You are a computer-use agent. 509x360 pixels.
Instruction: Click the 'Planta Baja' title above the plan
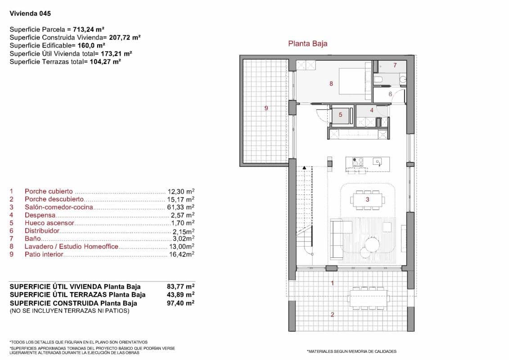[307, 44]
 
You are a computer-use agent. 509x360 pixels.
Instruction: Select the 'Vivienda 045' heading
[27, 13]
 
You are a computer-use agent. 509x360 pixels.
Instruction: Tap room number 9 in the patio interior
[266, 108]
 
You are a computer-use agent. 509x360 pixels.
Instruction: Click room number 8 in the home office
[331, 83]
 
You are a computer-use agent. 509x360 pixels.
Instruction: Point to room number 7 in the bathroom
[395, 65]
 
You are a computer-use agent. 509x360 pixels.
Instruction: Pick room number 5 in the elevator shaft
[340, 115]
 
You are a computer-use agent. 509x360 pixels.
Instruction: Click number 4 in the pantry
[372, 110]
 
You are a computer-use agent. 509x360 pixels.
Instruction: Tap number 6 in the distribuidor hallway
[390, 94]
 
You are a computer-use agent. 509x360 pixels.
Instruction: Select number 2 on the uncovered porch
[332, 315]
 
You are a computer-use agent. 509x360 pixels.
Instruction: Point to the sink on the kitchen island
[377, 162]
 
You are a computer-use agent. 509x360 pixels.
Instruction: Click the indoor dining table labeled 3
[368, 199]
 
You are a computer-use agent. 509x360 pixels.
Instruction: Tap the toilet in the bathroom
[378, 80]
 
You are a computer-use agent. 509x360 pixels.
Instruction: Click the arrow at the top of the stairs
[305, 167]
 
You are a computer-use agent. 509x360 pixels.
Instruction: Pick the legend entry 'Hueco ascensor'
[50, 223]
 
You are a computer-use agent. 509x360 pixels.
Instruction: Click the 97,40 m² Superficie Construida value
[180, 303]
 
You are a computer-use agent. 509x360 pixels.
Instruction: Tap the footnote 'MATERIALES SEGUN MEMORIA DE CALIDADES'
[351, 351]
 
